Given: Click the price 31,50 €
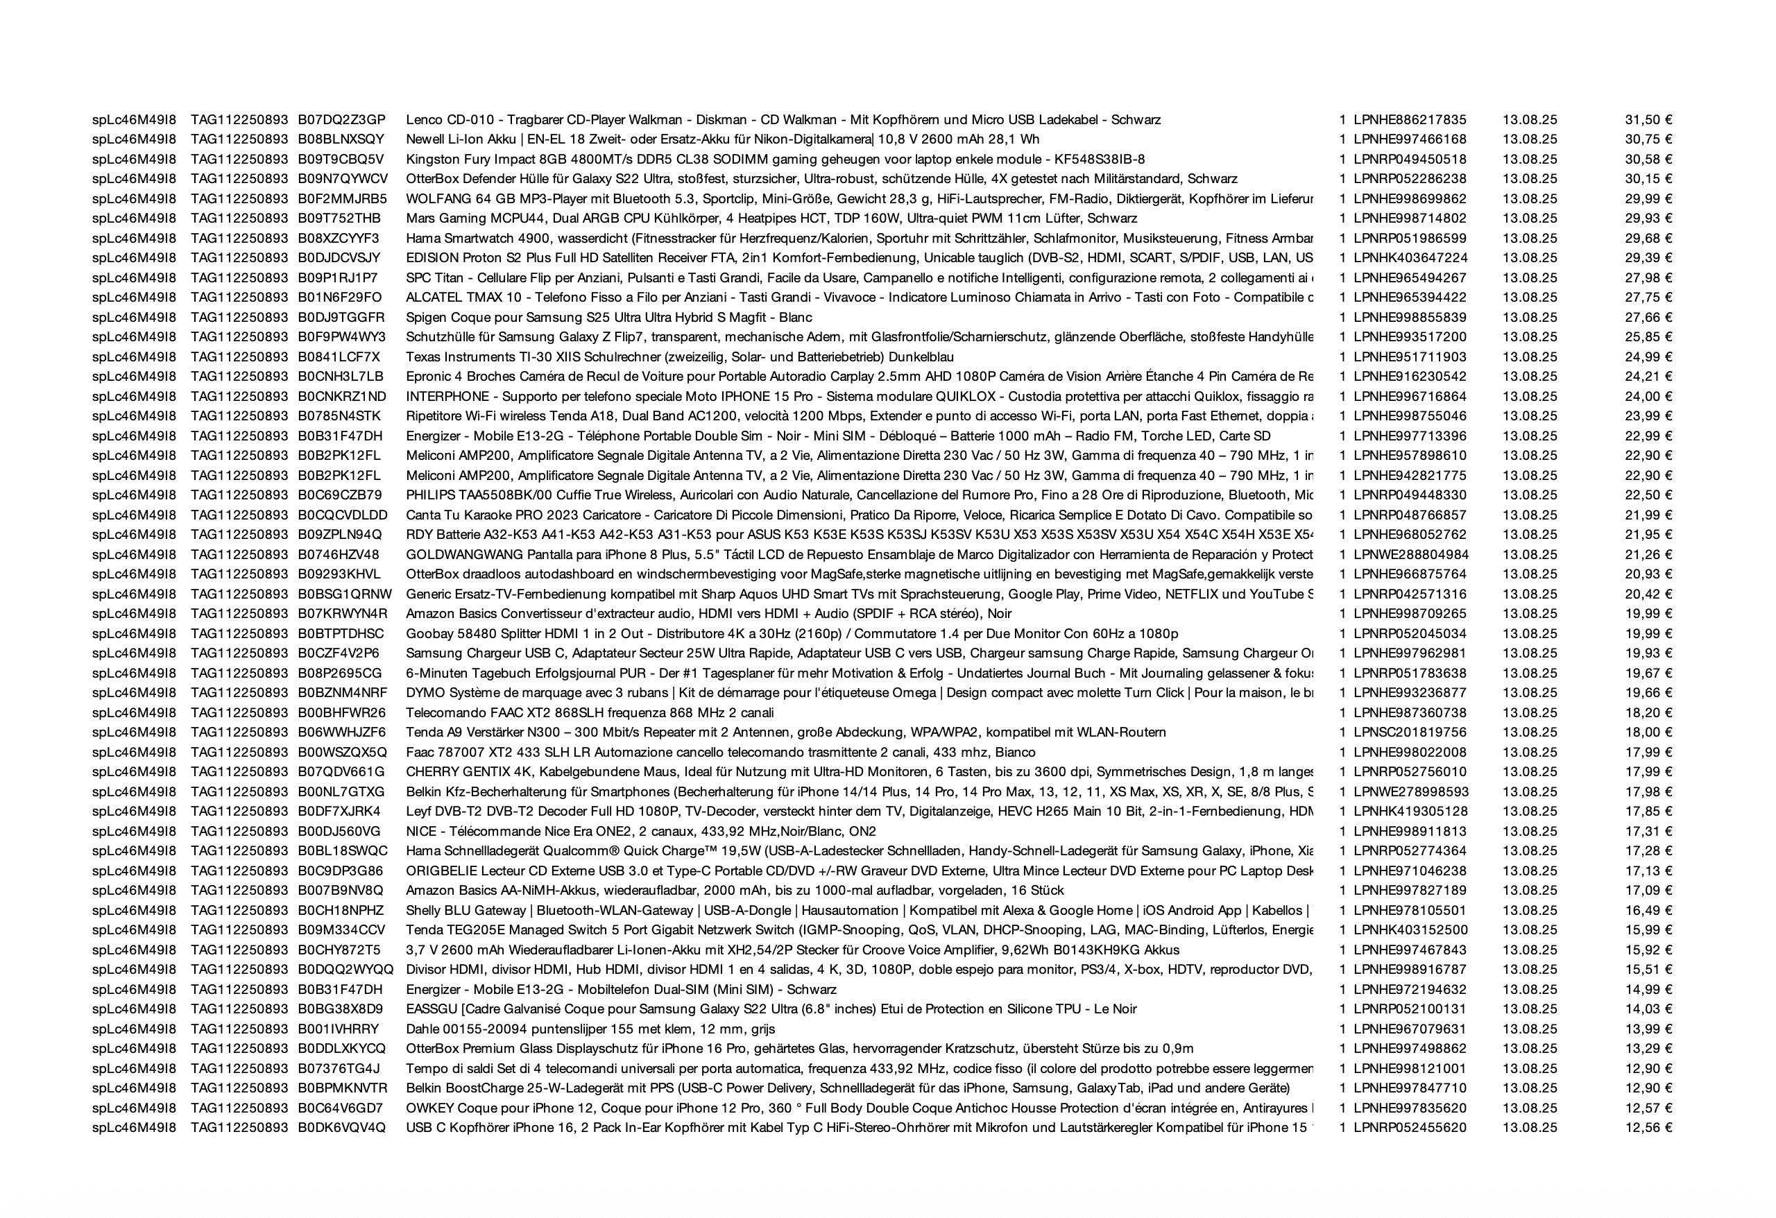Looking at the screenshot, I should tap(1648, 120).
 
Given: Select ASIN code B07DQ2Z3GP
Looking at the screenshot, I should tap(341, 120).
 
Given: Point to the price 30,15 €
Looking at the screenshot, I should tap(1648, 180).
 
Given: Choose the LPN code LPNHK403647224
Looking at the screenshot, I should tap(1410, 258).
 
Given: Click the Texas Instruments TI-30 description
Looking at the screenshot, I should tap(679, 357).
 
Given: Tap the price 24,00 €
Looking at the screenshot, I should tap(1648, 397).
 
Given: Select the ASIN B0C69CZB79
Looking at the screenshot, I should tap(340, 495).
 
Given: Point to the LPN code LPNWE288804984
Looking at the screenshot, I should tap(1410, 555).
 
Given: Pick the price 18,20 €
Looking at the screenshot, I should tap(1648, 713).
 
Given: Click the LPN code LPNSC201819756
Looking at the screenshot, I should tap(1410, 732).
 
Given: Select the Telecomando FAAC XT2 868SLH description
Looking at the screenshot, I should tap(589, 713).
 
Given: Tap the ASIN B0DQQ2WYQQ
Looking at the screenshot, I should tap(345, 970).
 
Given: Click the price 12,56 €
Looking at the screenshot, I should tap(1648, 1128).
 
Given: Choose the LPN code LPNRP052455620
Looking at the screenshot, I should tap(1410, 1128).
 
